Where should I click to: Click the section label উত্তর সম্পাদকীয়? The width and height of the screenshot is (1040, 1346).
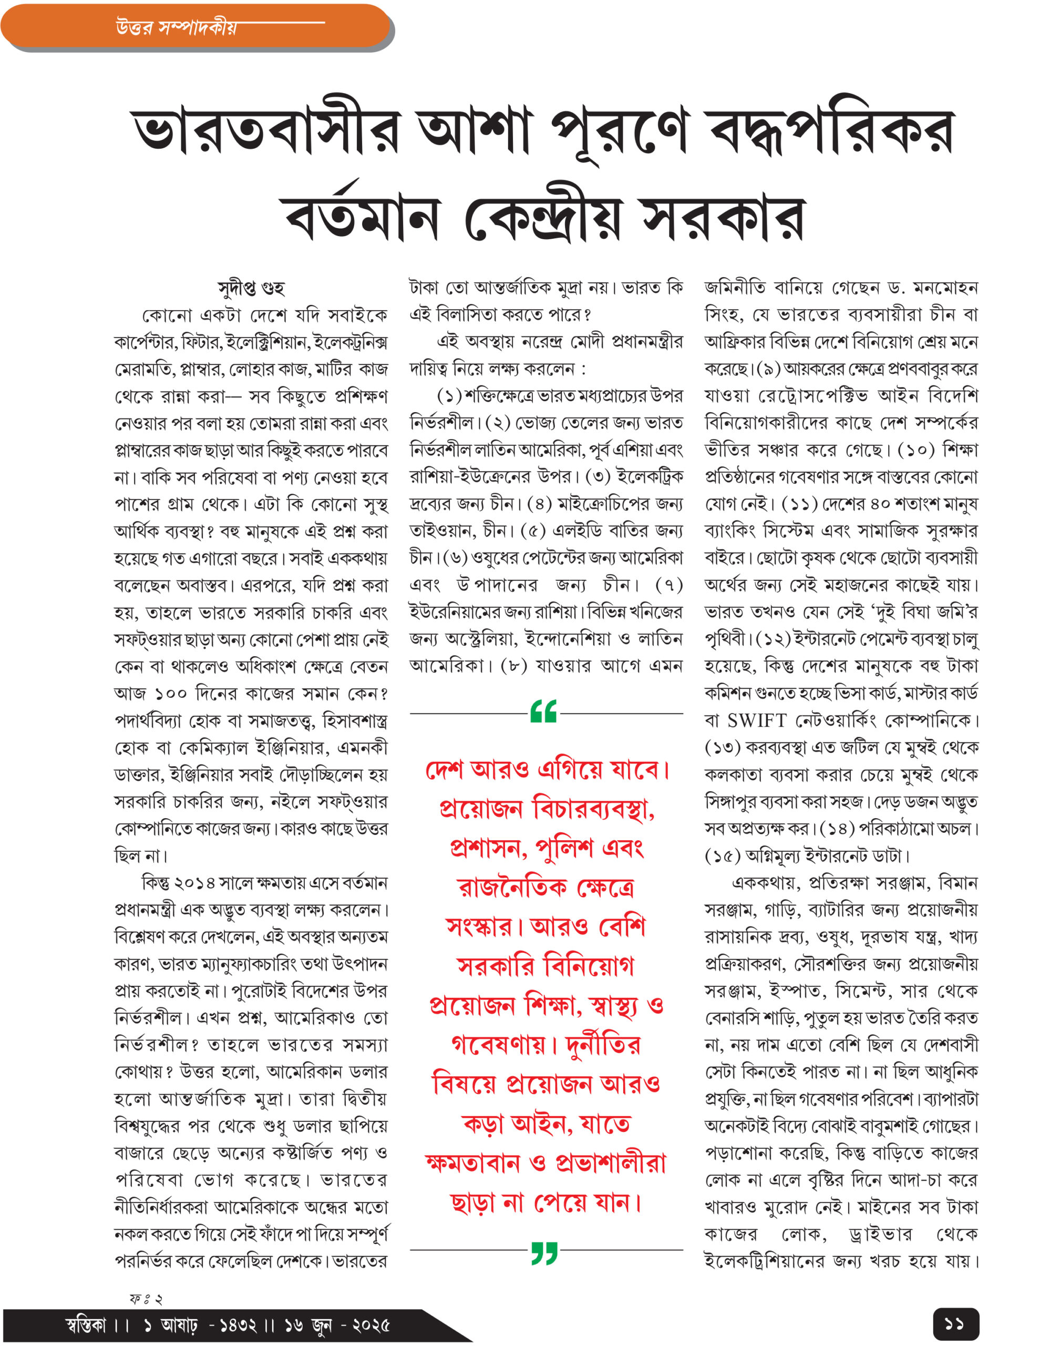pyautogui.click(x=176, y=28)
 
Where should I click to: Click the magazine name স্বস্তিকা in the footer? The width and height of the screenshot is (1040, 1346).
pyautogui.click(x=86, y=1325)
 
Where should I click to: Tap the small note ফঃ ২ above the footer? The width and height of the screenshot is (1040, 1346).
pyautogui.click(x=146, y=1299)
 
